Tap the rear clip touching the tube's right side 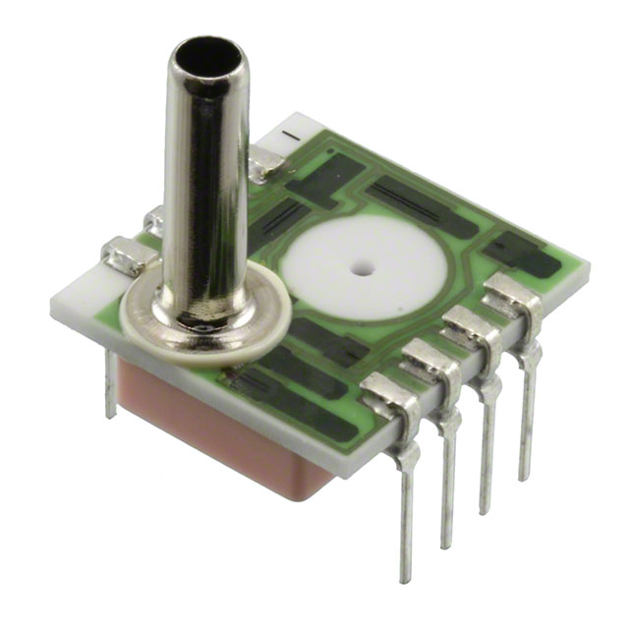click(x=259, y=163)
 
